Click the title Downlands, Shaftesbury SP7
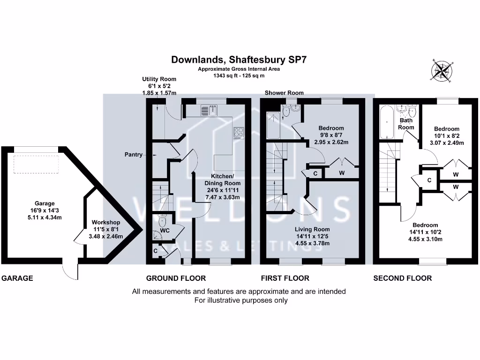239,60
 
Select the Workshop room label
106,222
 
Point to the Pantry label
134,154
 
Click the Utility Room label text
159,79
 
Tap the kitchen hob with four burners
239,133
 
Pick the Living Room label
312,229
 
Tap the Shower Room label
284,93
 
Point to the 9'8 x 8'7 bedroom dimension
331,135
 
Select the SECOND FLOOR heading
402,278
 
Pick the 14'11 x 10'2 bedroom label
425,232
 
